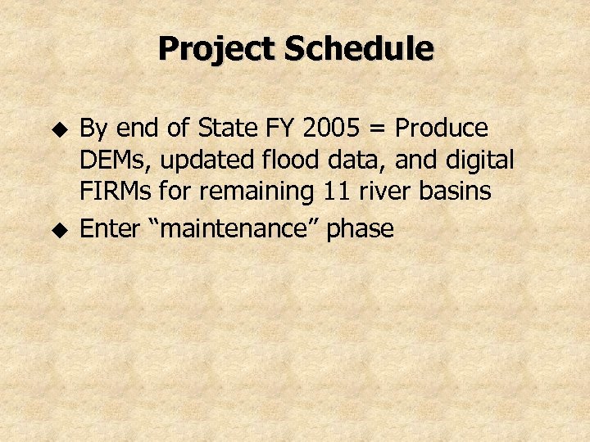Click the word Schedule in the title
tap(357, 49)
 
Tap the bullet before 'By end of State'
tap(57, 129)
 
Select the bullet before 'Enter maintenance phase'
tap(57, 230)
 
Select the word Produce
tap(442, 129)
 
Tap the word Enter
tap(110, 228)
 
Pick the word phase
tap(360, 230)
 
